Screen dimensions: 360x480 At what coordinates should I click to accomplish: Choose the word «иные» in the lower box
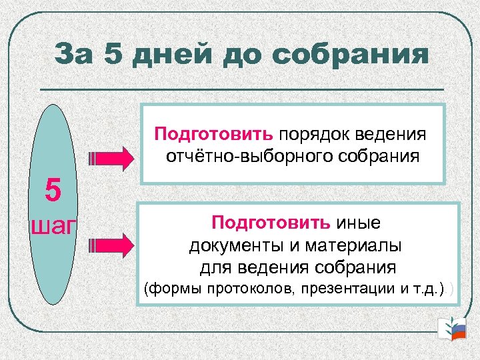pos(363,221)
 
